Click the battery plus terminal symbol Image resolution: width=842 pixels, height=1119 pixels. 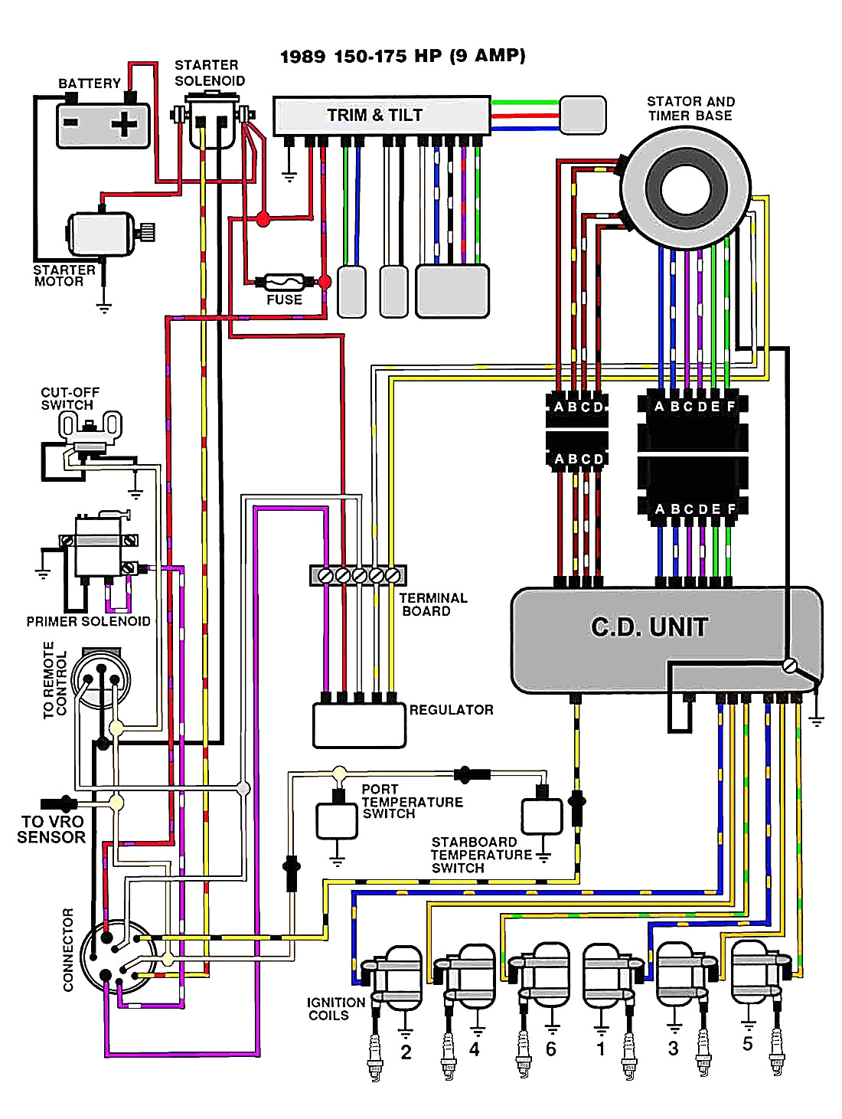(x=125, y=123)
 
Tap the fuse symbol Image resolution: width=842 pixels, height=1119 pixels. (x=284, y=282)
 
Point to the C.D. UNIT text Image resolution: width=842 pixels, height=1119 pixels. (x=649, y=627)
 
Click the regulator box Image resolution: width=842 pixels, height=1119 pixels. (x=359, y=725)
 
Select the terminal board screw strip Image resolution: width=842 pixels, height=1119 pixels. (x=357, y=574)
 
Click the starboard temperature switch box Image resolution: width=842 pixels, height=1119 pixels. (x=542, y=816)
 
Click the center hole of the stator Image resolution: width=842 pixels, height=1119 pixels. (x=682, y=188)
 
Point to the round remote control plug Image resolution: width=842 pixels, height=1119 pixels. (x=100, y=679)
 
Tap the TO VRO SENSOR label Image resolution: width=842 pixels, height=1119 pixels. (x=51, y=829)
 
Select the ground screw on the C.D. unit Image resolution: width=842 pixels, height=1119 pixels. (x=789, y=666)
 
